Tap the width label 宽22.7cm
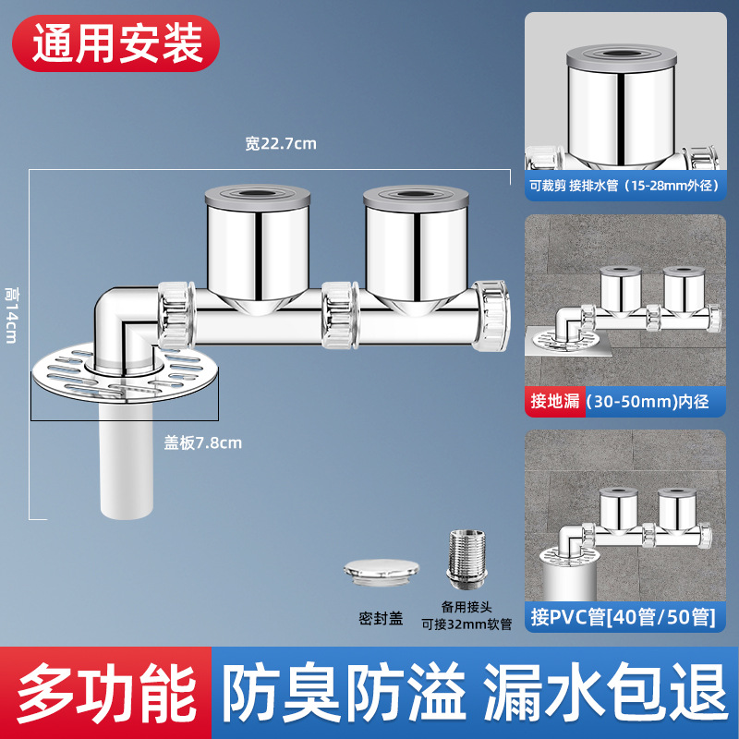tap(281, 143)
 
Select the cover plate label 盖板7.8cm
tap(203, 442)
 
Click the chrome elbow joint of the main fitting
tap(120, 319)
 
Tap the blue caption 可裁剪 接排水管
tap(623, 184)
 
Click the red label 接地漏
tap(553, 401)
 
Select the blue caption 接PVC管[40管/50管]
tap(623, 616)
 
